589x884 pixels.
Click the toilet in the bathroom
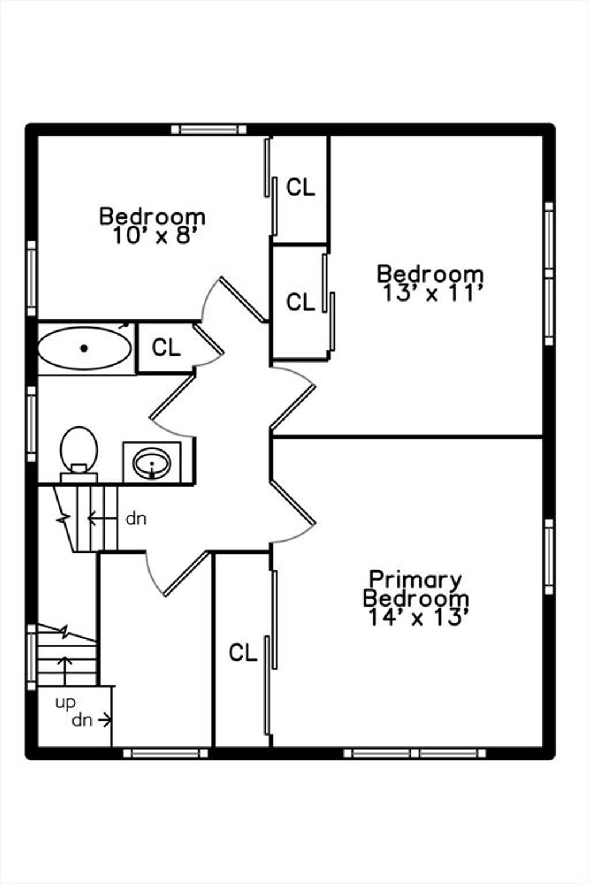[79, 454]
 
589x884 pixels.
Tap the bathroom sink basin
[152, 463]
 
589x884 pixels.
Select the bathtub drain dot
[83, 348]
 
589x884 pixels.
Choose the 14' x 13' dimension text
[418, 618]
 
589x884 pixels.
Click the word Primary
[415, 580]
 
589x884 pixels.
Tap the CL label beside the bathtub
[166, 348]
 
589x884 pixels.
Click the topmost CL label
[301, 187]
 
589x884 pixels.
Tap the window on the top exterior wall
[209, 129]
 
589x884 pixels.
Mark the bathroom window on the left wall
[32, 424]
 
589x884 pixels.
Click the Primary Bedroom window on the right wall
[549, 557]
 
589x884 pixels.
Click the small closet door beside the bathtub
[208, 338]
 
